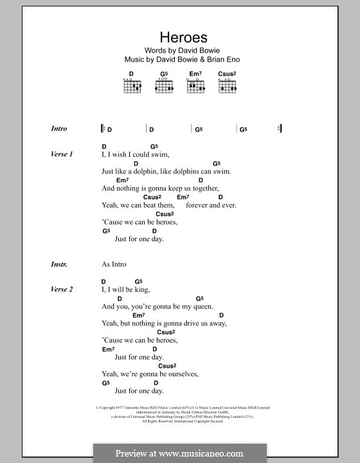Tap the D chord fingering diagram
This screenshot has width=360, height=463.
click(131, 86)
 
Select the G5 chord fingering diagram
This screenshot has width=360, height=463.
click(163, 86)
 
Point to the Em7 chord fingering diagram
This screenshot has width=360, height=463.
click(195, 86)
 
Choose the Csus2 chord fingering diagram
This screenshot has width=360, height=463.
click(227, 86)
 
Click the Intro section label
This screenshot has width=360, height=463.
click(59, 129)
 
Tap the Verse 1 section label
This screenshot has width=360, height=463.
click(62, 154)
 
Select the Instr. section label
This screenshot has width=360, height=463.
click(59, 264)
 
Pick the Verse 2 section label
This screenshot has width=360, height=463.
click(62, 289)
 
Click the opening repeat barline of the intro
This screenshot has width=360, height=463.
click(103, 129)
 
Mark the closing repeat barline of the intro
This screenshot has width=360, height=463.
click(280, 129)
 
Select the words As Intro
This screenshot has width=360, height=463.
click(114, 264)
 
